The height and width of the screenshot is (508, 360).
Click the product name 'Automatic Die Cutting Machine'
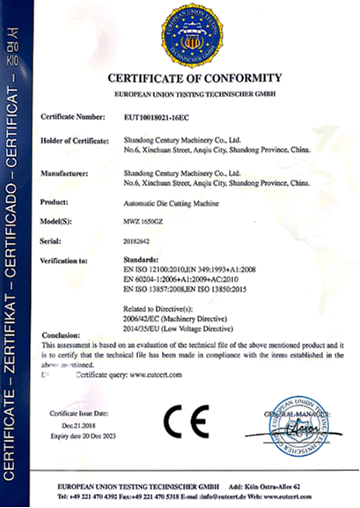(x=168, y=202)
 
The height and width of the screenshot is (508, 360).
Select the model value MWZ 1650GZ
(x=144, y=221)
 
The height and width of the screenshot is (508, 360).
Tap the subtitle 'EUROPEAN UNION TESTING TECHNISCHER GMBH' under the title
(x=195, y=92)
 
